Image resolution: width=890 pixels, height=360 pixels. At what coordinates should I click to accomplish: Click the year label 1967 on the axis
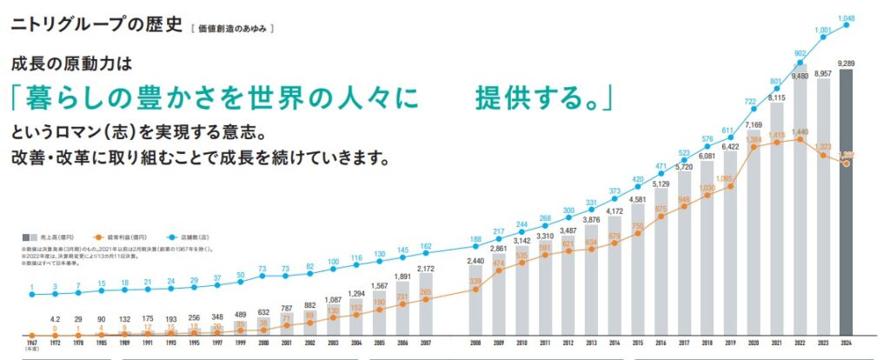coord(30,346)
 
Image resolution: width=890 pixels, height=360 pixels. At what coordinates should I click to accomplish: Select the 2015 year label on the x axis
coord(638,346)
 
